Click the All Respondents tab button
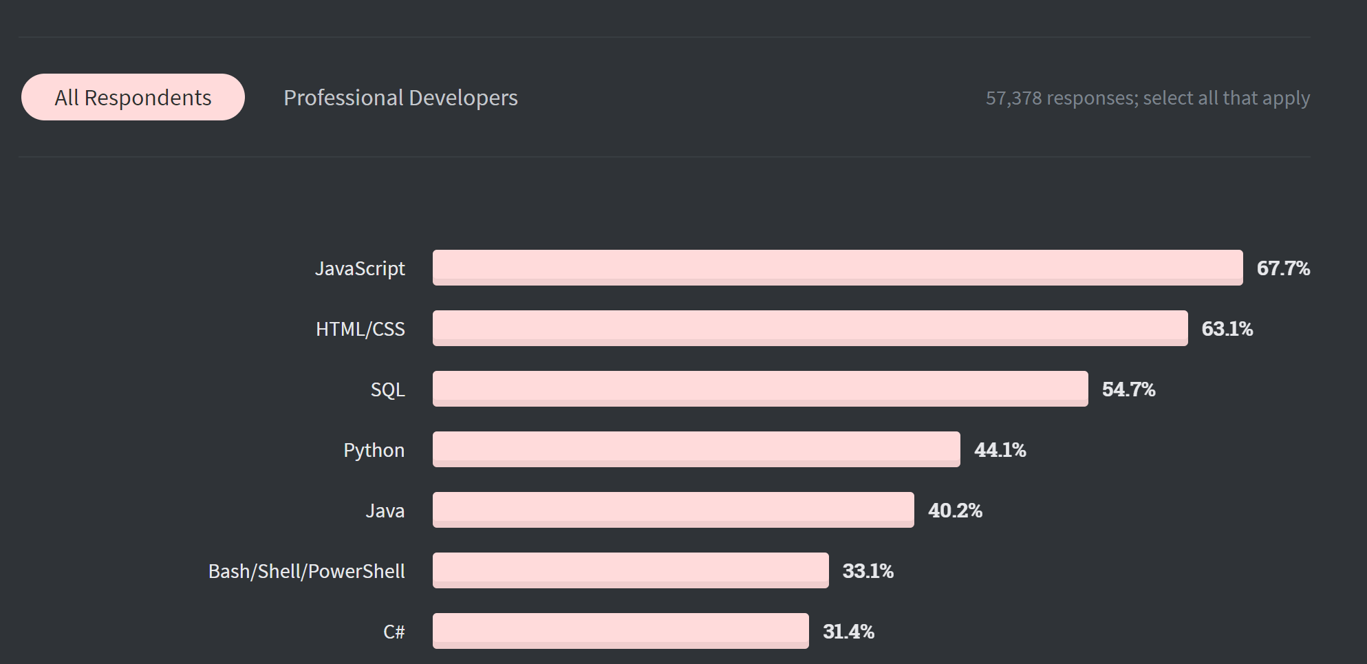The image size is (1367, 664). [x=133, y=97]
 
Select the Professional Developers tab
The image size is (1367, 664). [x=400, y=98]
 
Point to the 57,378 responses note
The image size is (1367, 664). [x=1147, y=98]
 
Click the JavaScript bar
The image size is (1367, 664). [x=837, y=268]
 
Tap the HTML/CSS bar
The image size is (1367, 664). [x=810, y=328]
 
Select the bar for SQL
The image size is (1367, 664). [x=760, y=389]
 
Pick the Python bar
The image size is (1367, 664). [x=696, y=449]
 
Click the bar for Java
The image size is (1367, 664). [x=673, y=510]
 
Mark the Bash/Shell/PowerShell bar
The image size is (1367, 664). [x=630, y=570]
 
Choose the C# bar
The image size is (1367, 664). [x=621, y=631]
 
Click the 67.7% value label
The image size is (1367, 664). [x=1283, y=268]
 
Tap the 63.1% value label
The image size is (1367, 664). [x=1227, y=329]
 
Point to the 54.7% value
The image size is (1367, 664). [x=1128, y=389]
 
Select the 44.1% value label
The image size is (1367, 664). [x=1000, y=450]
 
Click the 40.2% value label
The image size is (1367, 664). [x=955, y=511]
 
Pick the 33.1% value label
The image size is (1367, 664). [x=868, y=571]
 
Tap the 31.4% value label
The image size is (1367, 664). [x=848, y=632]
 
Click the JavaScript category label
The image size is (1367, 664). [x=360, y=268]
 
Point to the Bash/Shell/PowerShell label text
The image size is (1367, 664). [x=306, y=571]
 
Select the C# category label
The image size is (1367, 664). [x=394, y=632]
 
